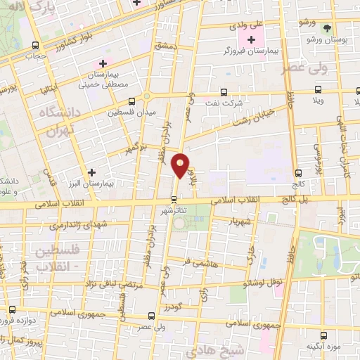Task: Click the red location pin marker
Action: coord(181,165)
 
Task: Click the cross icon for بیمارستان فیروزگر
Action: coord(251,39)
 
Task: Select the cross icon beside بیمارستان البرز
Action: coord(91,172)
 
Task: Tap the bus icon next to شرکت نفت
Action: coord(224,92)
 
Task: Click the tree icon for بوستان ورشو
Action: coord(327,29)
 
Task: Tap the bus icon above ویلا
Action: coord(319,89)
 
